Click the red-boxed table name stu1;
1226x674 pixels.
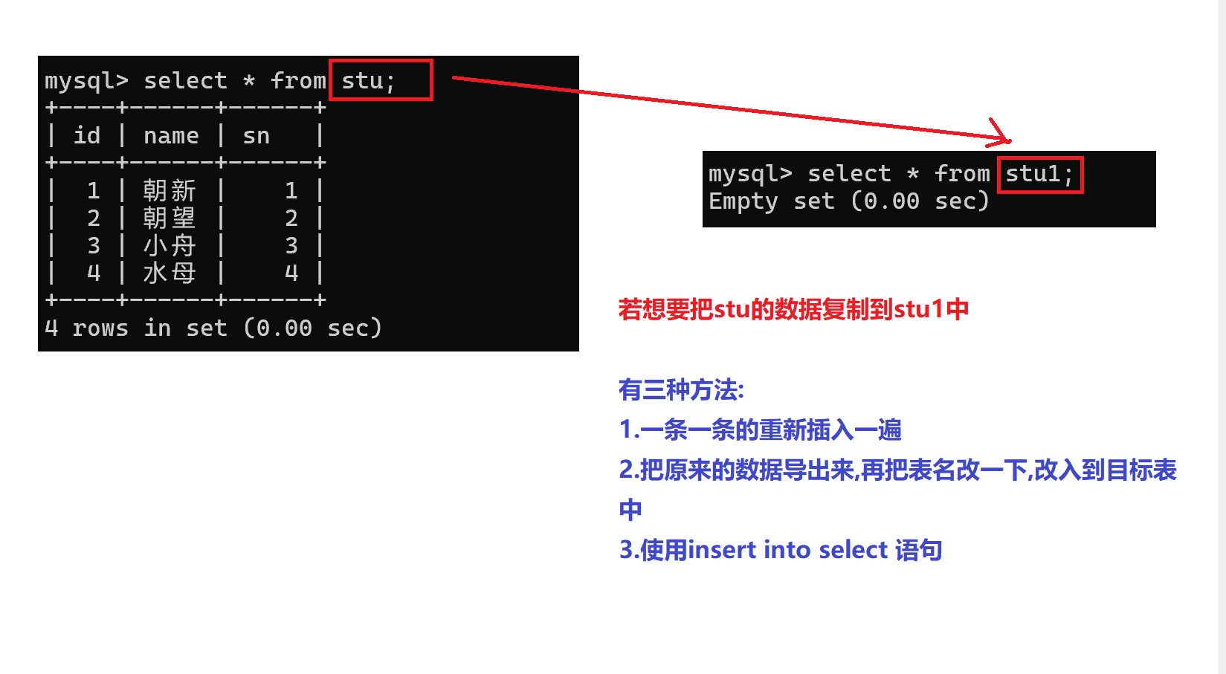click(1039, 174)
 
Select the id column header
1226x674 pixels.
click(86, 135)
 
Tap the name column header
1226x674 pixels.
click(171, 135)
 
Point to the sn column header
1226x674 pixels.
click(256, 135)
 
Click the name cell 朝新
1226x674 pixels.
click(170, 190)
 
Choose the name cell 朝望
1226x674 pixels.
click(170, 218)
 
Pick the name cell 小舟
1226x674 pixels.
click(170, 245)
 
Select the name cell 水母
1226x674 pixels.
click(170, 273)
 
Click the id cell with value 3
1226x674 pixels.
click(94, 245)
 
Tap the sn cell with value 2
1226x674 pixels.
click(291, 218)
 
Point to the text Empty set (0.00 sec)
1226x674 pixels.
click(848, 201)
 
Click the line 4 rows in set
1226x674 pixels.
click(213, 328)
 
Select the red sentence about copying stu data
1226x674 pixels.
click(793, 309)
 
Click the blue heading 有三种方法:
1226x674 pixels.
click(681, 389)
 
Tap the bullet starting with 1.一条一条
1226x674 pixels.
click(760, 430)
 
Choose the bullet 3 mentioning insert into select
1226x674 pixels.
click(781, 550)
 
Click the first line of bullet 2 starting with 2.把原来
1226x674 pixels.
click(897, 470)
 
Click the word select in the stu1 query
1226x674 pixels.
click(849, 174)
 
